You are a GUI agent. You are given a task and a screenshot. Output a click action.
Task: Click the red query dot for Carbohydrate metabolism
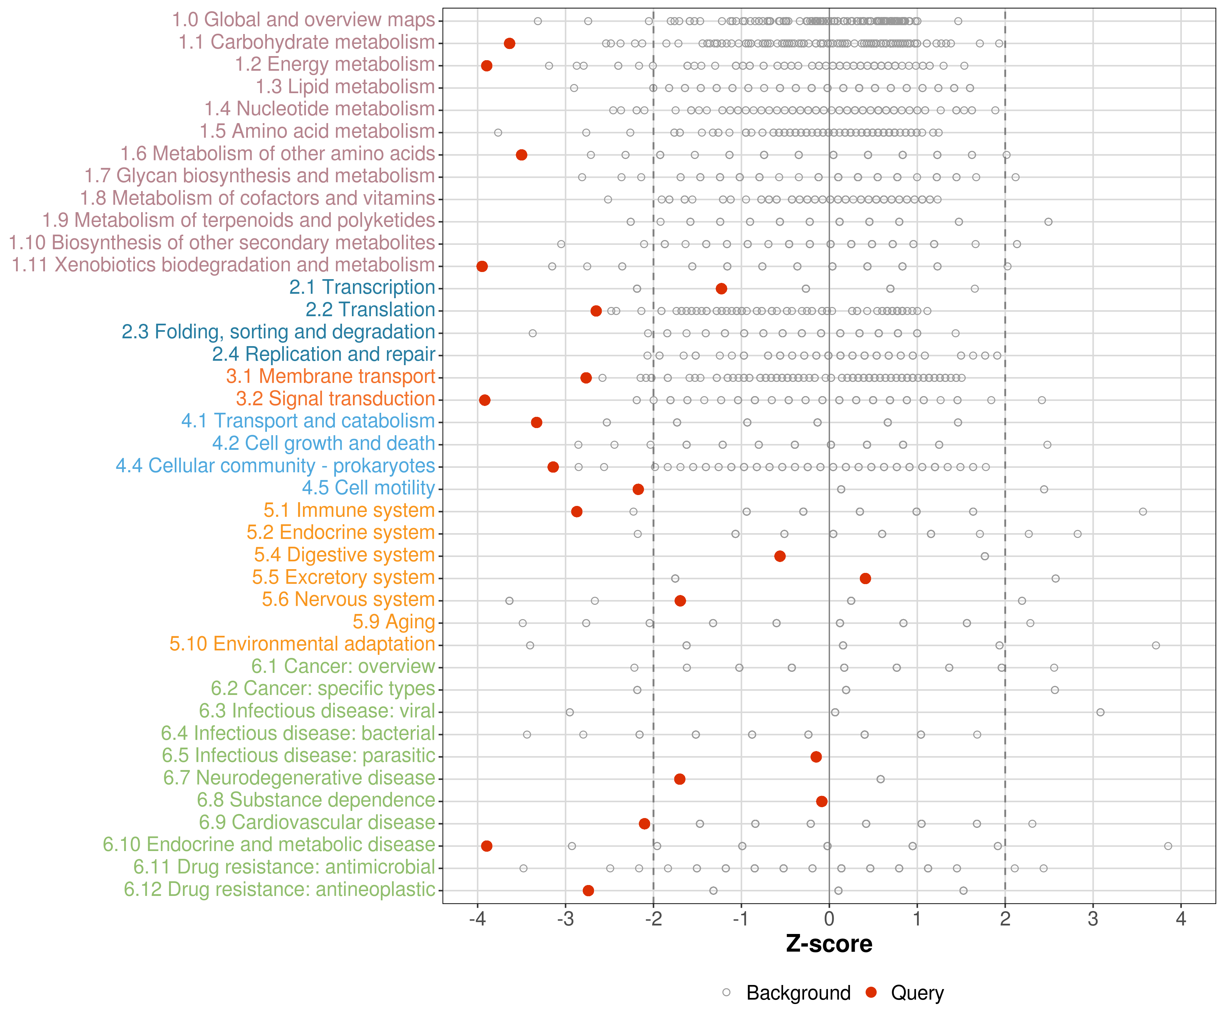(509, 43)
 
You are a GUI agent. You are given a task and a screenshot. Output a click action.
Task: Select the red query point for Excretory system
(866, 578)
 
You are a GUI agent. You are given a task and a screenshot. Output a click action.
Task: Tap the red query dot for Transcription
(721, 289)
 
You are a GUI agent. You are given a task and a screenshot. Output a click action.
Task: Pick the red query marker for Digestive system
(780, 556)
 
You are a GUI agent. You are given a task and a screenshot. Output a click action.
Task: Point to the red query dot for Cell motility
(638, 489)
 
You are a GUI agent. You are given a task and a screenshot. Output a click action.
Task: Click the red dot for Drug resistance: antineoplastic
(589, 890)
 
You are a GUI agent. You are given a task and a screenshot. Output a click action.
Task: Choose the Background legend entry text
(799, 992)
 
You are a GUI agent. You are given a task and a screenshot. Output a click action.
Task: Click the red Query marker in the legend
(871, 992)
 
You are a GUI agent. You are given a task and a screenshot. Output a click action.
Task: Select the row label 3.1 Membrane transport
(330, 376)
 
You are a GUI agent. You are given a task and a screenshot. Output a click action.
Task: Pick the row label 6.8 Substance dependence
(316, 800)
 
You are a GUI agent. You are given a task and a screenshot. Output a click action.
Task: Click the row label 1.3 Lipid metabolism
(345, 87)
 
